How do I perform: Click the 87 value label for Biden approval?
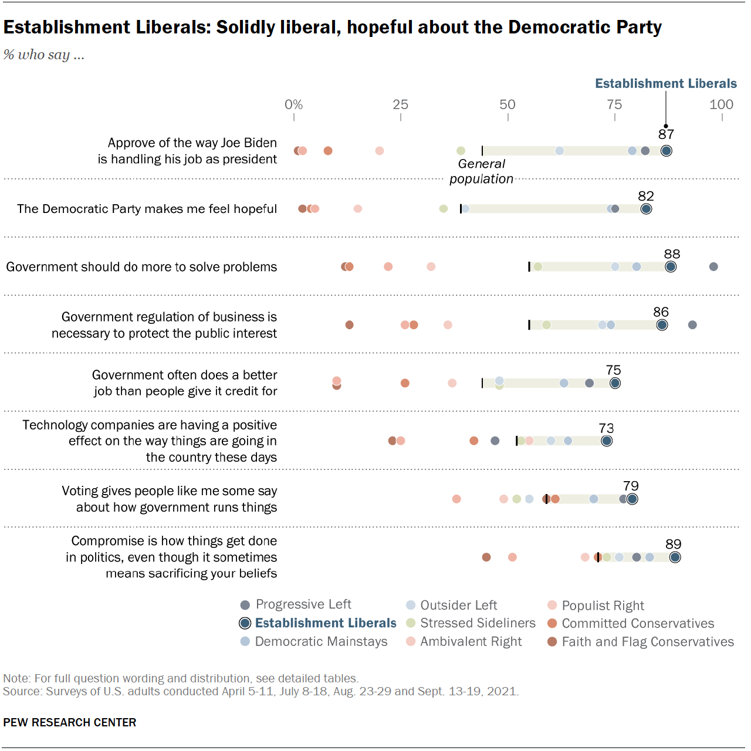point(666,134)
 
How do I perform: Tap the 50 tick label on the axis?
point(508,104)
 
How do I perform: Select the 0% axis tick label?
point(294,104)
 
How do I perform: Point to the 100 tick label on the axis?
point(721,104)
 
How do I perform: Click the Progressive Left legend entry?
point(296,604)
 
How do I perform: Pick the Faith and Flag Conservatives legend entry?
point(641,642)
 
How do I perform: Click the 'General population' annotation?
point(481,171)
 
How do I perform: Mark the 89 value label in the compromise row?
point(674,544)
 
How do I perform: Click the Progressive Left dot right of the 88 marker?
point(713,267)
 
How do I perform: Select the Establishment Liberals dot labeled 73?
point(607,441)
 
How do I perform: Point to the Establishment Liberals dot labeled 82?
point(646,209)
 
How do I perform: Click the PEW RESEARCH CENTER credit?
point(70,722)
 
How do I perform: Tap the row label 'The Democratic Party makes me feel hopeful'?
point(147,209)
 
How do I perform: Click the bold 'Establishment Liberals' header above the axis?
point(666,83)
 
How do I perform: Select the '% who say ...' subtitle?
point(44,55)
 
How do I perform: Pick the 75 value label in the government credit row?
point(614,370)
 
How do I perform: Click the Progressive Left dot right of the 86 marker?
point(692,325)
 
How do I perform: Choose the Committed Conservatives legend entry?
point(631,623)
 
